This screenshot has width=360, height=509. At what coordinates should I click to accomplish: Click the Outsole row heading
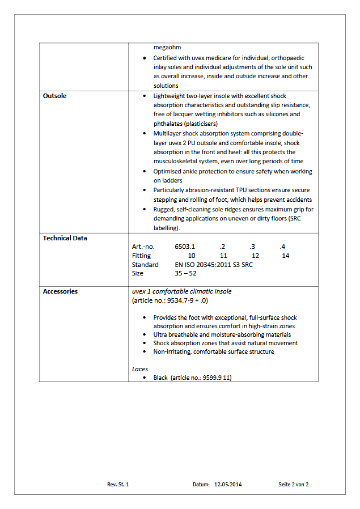54,96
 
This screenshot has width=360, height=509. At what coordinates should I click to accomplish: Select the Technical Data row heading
65,238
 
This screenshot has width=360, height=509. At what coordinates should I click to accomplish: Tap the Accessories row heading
60,291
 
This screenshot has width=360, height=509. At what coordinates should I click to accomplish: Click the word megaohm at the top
167,47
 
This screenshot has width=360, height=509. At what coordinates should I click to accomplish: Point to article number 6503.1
185,247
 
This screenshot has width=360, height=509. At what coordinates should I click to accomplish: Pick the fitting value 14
285,256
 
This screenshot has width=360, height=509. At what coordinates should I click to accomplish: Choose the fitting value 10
192,256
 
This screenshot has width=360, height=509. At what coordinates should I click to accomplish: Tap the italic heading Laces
139,368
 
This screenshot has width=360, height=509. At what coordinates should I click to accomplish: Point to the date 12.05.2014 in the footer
228,485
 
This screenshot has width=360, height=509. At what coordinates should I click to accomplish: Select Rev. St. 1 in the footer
118,485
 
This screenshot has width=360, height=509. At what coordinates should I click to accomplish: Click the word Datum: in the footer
201,485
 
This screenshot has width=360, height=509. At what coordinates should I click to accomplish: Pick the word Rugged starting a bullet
164,209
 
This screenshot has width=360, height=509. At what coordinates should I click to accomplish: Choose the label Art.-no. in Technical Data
143,247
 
